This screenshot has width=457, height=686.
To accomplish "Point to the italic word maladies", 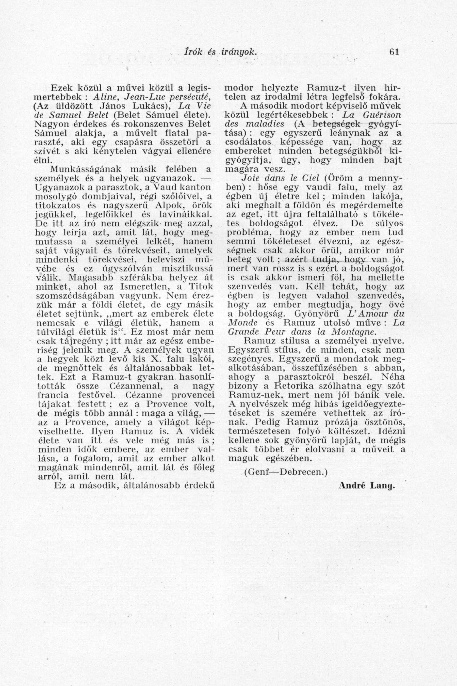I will pos(262,124).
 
